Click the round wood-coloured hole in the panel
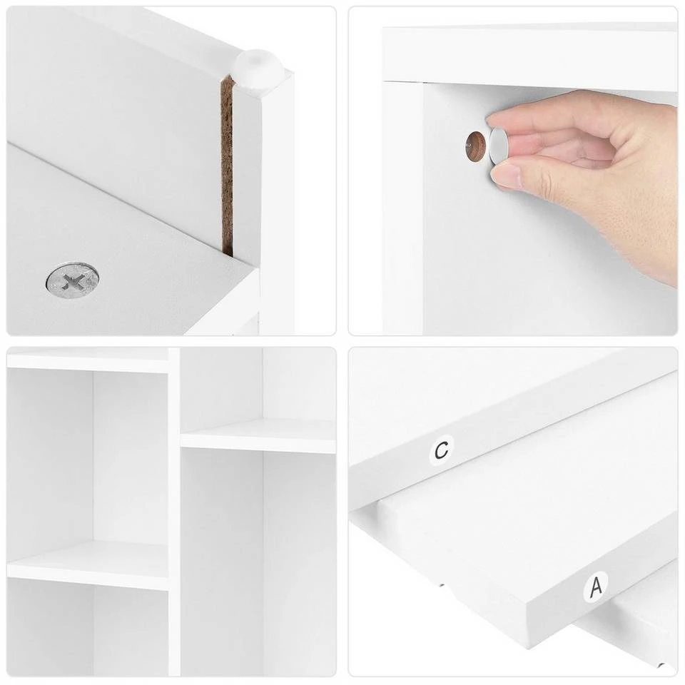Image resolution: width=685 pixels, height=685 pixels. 476,147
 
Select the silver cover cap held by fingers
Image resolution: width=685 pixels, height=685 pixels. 498,147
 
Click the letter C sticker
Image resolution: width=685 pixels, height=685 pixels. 442,449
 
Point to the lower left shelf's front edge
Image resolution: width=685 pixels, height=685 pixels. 88,577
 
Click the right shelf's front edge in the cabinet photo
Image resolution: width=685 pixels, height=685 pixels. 258,443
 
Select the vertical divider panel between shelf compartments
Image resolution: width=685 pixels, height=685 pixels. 174,511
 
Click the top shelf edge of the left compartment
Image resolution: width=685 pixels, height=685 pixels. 88,362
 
